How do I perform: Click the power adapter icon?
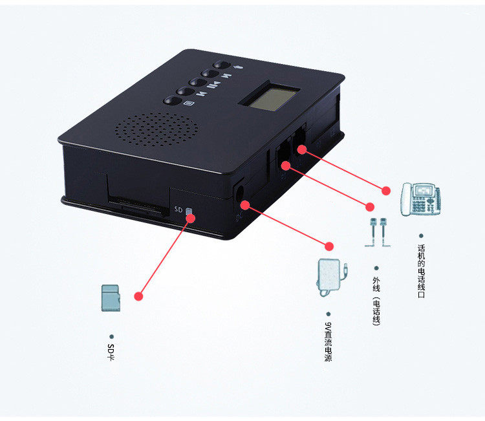(x=331, y=277)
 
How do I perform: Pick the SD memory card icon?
(x=111, y=299)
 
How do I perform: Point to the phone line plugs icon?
(x=378, y=232)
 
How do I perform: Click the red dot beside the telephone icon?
(x=386, y=191)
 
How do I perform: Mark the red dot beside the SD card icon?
(x=138, y=296)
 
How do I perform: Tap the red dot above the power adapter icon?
(x=329, y=246)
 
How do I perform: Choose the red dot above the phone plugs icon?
(x=370, y=207)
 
